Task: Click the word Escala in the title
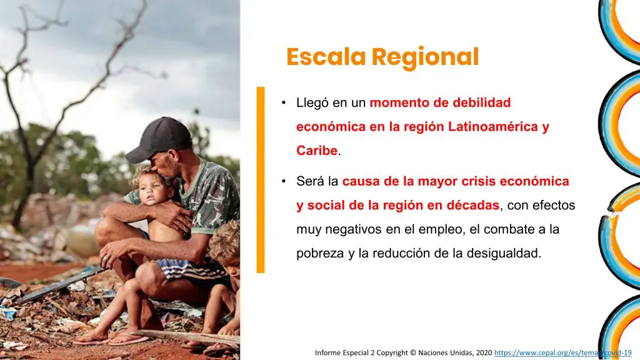326,57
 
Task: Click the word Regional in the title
425,57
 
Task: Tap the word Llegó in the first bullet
312,103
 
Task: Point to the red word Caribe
317,151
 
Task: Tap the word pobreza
320,254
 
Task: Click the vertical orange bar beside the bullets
261,179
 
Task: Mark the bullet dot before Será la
283,181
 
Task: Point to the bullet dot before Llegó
283,102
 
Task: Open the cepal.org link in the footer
563,352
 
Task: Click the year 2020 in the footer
483,352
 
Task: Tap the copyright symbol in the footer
413,352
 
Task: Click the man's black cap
161,139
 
